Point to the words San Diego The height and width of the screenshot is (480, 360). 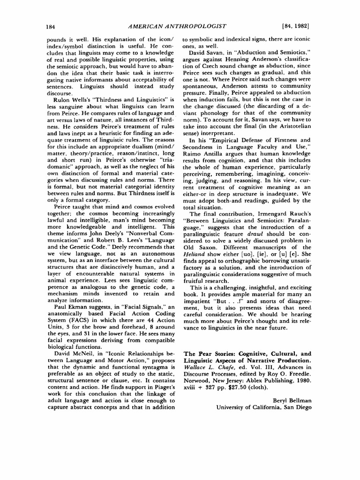[295, 407]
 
